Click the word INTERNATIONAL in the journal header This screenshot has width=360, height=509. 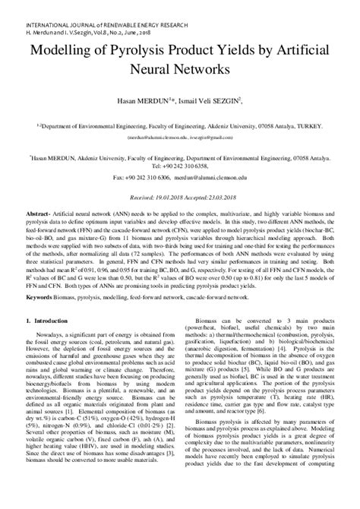30,6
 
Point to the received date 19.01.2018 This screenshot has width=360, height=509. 159,197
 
